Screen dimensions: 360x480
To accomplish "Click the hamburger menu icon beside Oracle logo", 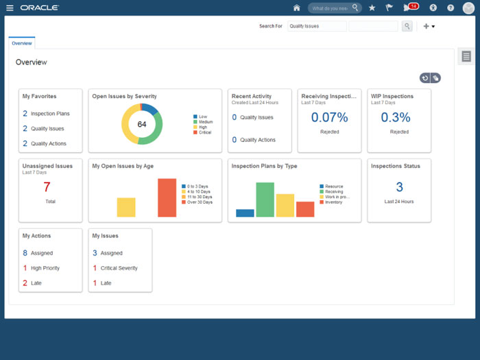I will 10,8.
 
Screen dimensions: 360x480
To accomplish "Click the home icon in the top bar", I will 296,8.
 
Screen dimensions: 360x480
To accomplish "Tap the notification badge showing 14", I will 413,6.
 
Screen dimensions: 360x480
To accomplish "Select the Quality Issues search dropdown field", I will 317,26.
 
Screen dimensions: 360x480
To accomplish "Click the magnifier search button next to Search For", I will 407,26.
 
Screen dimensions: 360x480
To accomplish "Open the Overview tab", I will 21,43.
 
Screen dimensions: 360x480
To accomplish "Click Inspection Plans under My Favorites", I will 50,114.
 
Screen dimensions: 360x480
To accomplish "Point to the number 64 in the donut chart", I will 142,124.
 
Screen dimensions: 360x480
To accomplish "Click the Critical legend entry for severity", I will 205,132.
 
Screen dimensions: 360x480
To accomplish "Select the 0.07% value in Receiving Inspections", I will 329,117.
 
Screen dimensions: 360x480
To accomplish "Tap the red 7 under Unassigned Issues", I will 47,187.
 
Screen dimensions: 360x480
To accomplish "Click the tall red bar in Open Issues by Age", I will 167,197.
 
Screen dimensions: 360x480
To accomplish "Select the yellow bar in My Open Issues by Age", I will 126,207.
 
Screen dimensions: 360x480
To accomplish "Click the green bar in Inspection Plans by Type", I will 265,200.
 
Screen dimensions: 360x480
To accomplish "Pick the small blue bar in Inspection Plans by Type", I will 245,213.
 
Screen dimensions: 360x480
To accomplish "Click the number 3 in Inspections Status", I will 399,187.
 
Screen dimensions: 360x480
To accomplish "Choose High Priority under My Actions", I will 45,268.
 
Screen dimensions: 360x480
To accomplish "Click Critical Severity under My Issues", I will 119,268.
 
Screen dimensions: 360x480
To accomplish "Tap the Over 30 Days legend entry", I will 200,202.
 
